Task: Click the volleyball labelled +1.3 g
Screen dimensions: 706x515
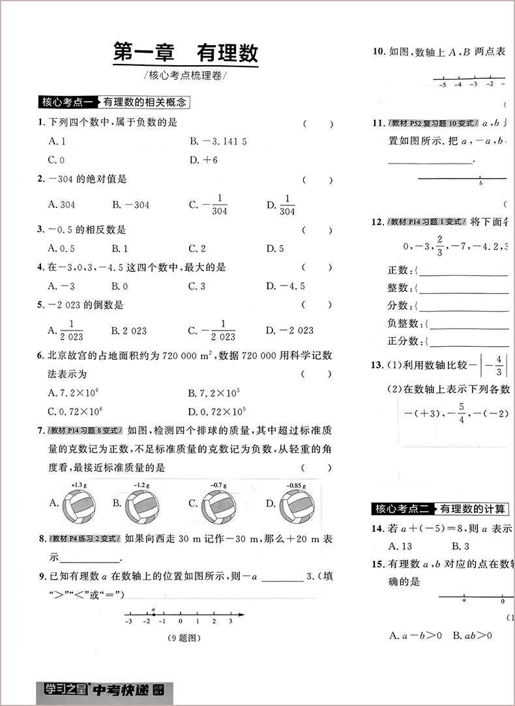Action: point(79,506)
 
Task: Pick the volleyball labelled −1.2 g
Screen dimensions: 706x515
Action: point(142,506)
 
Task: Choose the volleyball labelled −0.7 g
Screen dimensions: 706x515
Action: point(219,506)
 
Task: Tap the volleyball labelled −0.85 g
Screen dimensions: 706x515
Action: point(297,506)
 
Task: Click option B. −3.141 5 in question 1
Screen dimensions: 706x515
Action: point(218,141)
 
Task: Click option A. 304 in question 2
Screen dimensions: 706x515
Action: point(62,205)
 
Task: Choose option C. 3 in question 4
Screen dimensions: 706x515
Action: point(197,286)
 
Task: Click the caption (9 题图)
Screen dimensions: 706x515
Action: point(183,638)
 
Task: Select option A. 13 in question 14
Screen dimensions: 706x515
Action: point(400,546)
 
